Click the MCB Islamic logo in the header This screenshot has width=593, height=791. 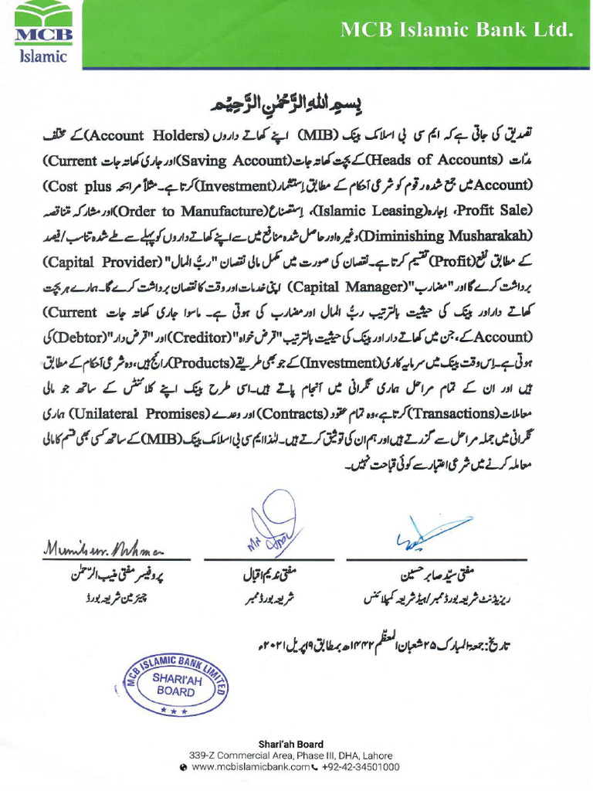43,33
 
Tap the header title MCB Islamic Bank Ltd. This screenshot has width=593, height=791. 457,30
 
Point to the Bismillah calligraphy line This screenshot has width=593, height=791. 296,104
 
